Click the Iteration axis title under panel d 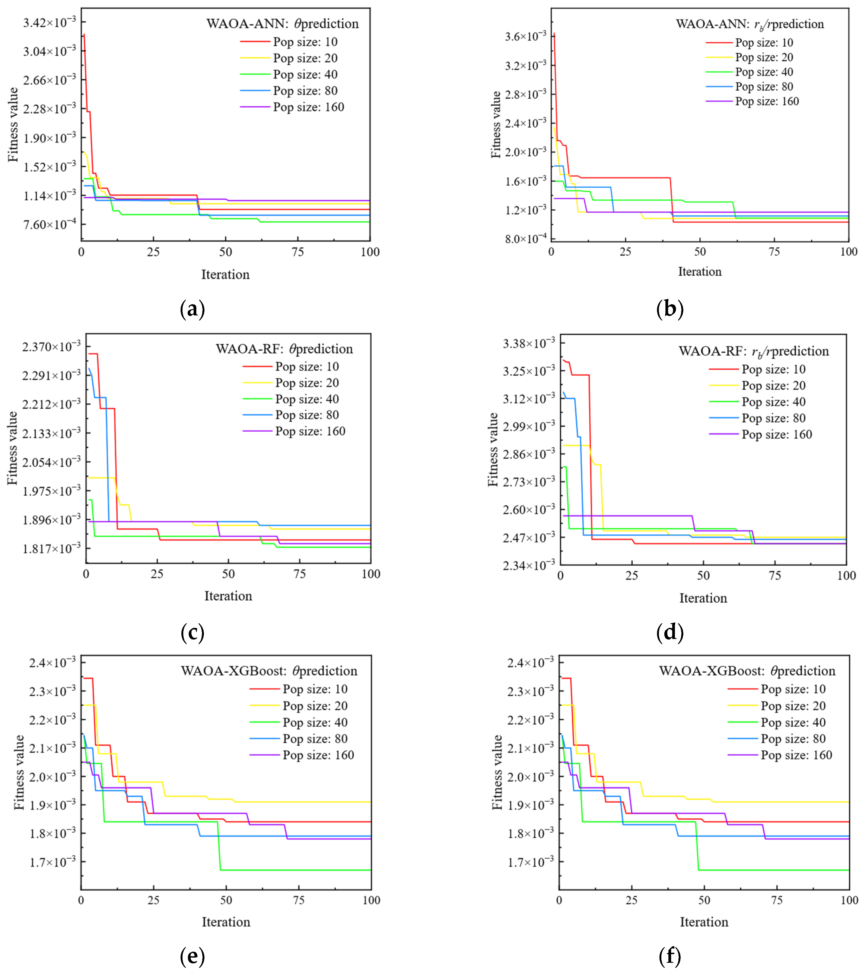point(703,598)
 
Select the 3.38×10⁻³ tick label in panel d point(529,343)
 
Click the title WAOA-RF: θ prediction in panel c point(284,349)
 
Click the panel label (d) point(669,633)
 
